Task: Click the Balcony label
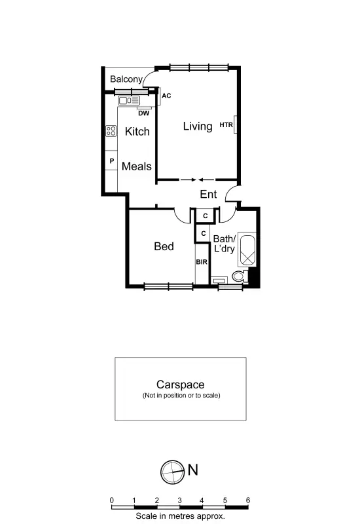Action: tap(126, 79)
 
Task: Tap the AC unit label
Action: tap(166, 96)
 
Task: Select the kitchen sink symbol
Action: tap(130, 101)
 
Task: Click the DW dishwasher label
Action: tap(143, 113)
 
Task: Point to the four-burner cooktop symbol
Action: tap(111, 131)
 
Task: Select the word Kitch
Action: tap(137, 131)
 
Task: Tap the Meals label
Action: tap(136, 166)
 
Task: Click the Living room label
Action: tap(197, 126)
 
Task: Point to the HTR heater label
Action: tap(226, 125)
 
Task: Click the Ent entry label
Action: tap(208, 194)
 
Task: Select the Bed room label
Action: tap(164, 246)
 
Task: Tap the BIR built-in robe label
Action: tap(201, 263)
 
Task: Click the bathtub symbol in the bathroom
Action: tap(247, 250)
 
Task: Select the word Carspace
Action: tap(180, 385)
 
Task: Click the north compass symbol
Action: tap(172, 470)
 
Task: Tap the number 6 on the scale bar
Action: tap(247, 500)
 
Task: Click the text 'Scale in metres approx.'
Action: tap(180, 516)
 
